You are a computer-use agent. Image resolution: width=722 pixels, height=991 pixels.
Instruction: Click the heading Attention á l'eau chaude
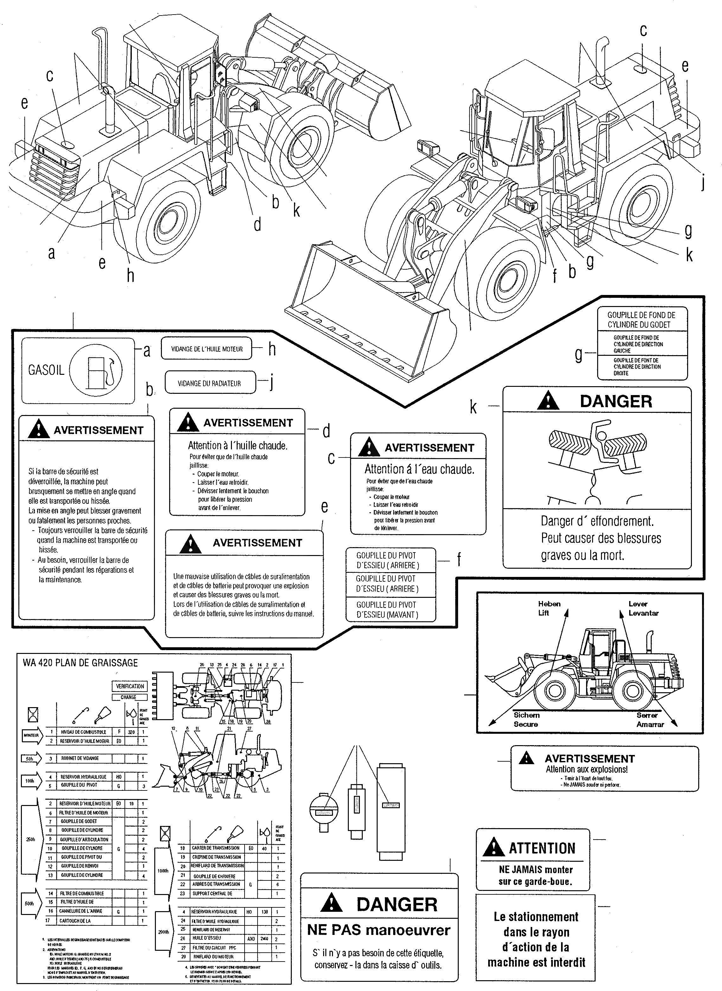coord(419,469)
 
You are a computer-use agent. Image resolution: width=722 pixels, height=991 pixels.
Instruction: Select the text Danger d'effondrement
coord(597,521)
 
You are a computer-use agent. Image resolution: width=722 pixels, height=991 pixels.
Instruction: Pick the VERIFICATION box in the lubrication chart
coord(130,686)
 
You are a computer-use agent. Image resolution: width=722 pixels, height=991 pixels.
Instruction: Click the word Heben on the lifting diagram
coord(549,604)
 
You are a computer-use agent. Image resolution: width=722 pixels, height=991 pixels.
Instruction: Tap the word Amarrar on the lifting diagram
coord(650,724)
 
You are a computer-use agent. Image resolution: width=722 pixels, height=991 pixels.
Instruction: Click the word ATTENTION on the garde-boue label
coord(542,848)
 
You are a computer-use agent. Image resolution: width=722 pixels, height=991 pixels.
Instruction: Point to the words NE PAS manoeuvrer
coord(379,930)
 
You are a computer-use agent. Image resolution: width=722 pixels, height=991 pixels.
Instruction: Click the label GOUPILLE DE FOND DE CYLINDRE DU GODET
coord(641,320)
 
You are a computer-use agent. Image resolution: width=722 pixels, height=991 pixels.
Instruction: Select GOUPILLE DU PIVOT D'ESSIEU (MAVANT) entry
coord(387,610)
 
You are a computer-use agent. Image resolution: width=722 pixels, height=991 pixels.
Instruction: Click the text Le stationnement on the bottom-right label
coord(536,917)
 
